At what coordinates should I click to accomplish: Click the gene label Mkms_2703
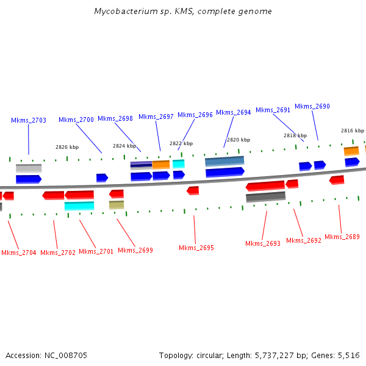29,120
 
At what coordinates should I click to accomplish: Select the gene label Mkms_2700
76,120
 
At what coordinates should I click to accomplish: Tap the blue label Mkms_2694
234,112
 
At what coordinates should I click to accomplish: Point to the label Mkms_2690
312,106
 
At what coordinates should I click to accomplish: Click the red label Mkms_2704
18,253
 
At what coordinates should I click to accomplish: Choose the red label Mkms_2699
135,250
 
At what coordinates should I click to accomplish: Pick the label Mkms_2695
196,248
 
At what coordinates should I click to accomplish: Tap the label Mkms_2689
342,237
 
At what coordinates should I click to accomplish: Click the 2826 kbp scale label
67,147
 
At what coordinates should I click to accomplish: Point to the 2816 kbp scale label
353,131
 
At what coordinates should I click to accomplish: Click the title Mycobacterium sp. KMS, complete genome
183,12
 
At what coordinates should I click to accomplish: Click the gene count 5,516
348,355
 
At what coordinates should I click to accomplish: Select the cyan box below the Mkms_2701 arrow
79,206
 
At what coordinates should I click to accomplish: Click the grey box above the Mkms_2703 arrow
29,168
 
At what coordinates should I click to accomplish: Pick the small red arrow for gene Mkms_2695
193,190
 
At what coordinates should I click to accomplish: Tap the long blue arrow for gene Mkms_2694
225,172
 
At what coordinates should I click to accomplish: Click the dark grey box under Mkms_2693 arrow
265,197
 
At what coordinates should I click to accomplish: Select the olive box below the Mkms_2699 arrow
117,205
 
